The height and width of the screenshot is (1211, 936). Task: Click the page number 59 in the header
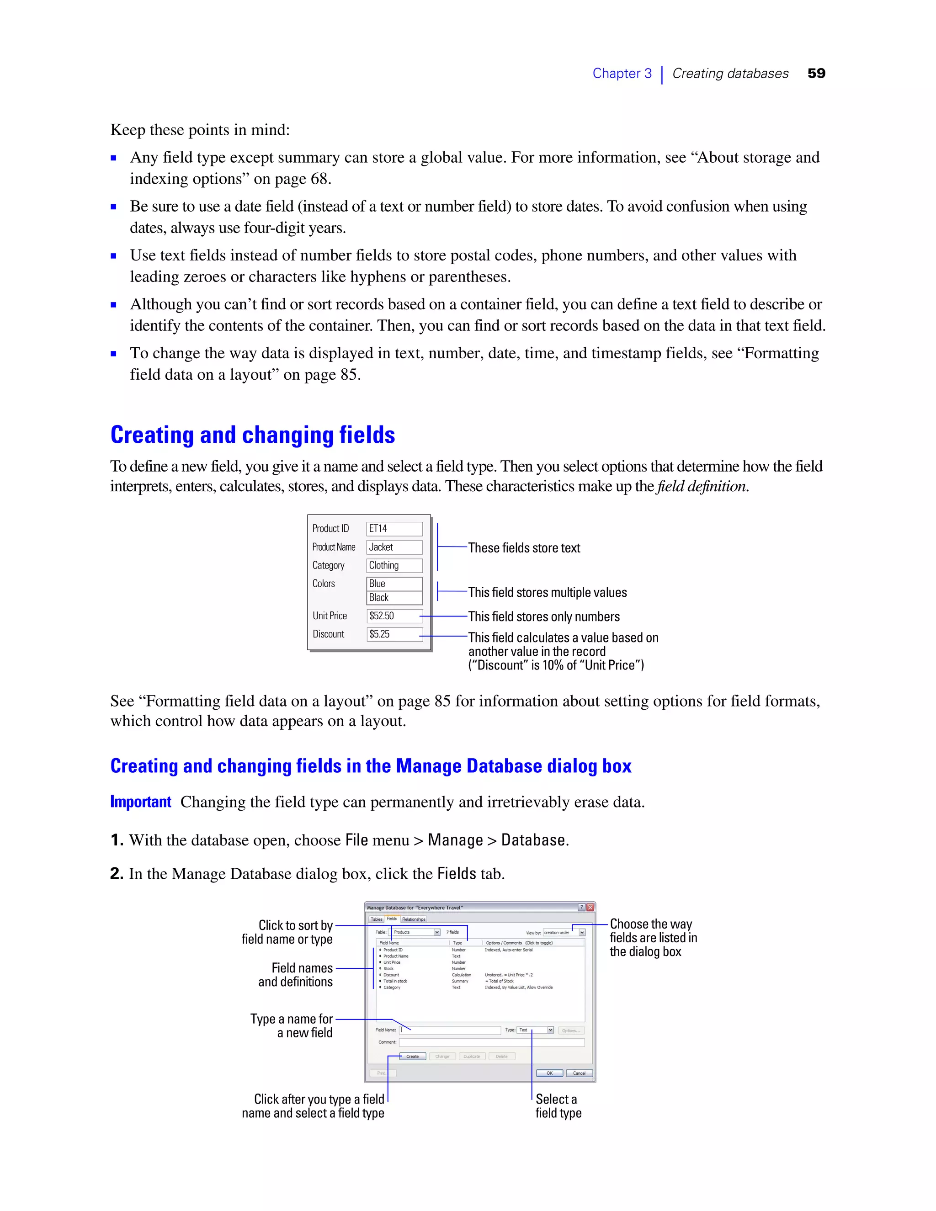click(816, 73)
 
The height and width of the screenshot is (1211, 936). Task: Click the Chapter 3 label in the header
click(622, 73)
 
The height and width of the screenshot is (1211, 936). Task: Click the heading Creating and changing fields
click(252, 435)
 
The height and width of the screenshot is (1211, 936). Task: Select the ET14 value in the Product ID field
click(379, 528)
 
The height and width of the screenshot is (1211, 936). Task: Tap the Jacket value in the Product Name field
click(381, 547)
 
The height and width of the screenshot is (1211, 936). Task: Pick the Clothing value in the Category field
click(384, 565)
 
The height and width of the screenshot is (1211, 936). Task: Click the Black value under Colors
click(379, 597)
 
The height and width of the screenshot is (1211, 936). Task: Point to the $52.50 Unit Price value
click(382, 616)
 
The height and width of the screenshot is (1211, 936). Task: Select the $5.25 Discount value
click(380, 634)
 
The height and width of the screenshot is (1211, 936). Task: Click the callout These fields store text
click(524, 548)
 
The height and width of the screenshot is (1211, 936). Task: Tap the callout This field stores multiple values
click(547, 592)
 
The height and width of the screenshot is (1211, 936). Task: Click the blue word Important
click(140, 802)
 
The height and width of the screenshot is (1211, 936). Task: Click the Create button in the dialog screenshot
click(413, 1056)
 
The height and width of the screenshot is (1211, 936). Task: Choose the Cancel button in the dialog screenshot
click(579, 1073)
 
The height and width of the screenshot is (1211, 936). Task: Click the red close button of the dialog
click(590, 907)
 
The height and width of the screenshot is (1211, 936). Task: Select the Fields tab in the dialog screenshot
click(392, 919)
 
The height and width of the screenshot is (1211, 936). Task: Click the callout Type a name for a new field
click(292, 1026)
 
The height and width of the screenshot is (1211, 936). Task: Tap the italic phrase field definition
click(702, 486)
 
